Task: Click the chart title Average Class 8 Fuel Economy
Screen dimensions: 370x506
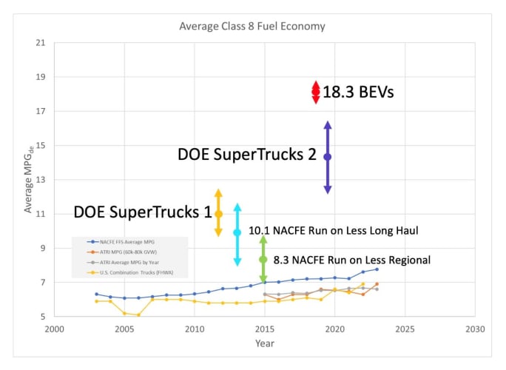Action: coord(252,27)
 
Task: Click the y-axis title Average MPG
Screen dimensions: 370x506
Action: coord(28,180)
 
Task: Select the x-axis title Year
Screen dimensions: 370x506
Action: coord(265,343)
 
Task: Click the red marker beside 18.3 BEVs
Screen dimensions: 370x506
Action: coord(316,92)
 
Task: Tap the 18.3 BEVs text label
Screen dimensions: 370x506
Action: coord(358,92)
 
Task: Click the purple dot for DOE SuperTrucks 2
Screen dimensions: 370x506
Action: coord(328,157)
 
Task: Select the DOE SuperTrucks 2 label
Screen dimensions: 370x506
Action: coord(247,155)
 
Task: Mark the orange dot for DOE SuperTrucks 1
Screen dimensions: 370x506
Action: coord(218,214)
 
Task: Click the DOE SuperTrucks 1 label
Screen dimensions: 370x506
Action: coord(143,212)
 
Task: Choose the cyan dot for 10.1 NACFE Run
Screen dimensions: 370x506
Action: coord(237,232)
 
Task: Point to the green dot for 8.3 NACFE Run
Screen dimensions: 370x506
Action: coord(263,260)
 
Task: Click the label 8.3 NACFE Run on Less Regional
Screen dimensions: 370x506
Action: coord(352,260)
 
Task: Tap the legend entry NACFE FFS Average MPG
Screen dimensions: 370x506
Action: coord(126,242)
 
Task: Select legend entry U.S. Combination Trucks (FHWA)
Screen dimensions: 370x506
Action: coord(132,273)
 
